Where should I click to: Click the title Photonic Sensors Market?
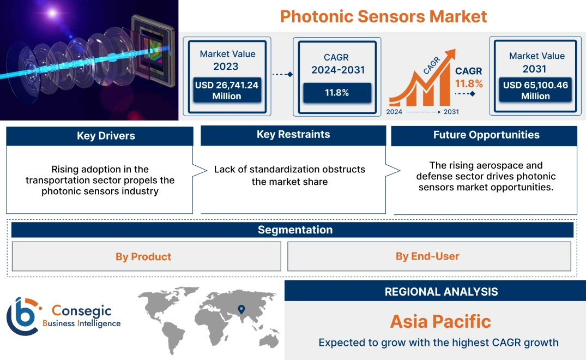[383, 16]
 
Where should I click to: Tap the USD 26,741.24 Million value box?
[227, 90]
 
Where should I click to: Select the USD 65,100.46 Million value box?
[535, 90]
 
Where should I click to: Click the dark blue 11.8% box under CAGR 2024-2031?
[337, 93]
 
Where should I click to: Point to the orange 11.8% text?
[469, 84]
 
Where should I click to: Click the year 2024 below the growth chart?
[395, 112]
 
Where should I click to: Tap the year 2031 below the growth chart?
[451, 112]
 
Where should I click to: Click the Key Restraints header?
[293, 135]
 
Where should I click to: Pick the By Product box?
[143, 256]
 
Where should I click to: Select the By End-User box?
[427, 256]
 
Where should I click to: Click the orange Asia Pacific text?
[440, 321]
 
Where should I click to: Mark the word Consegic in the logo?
[81, 311]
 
